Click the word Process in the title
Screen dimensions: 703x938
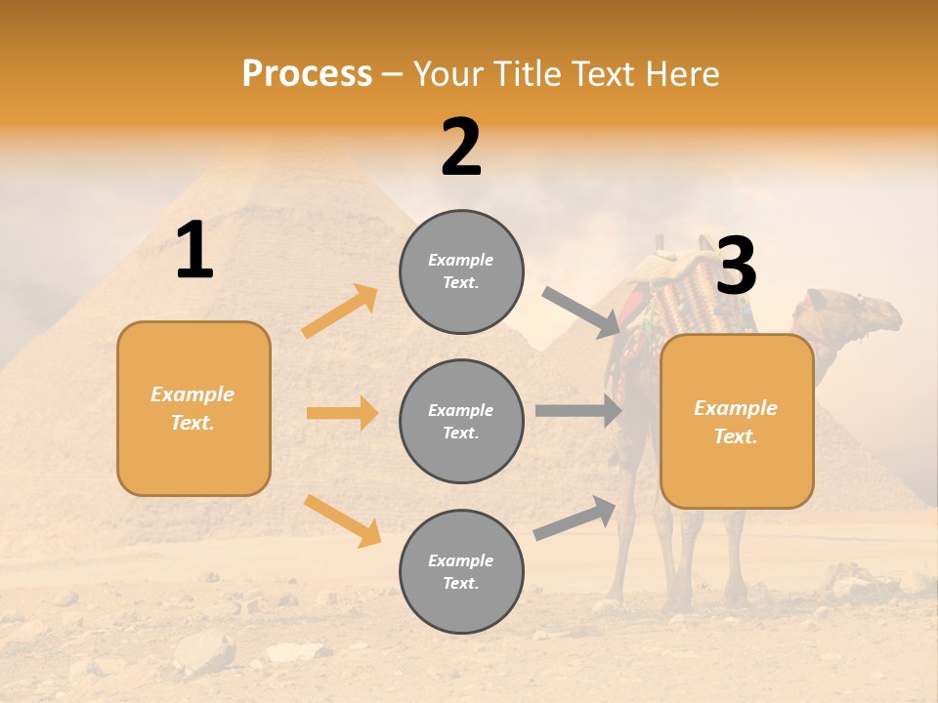(307, 73)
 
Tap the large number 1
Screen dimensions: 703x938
(194, 251)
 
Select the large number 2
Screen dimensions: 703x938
(461, 147)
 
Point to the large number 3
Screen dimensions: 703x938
(736, 267)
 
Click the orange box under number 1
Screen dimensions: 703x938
(193, 408)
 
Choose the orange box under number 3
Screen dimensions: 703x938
(737, 421)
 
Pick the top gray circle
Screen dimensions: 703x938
(461, 271)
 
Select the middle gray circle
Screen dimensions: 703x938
(461, 421)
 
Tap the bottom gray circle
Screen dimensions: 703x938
(461, 571)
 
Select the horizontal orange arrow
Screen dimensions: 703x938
(342, 413)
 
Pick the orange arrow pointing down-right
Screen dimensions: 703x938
(343, 519)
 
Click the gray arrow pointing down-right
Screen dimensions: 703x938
(581, 311)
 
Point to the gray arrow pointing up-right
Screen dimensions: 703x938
(576, 518)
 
